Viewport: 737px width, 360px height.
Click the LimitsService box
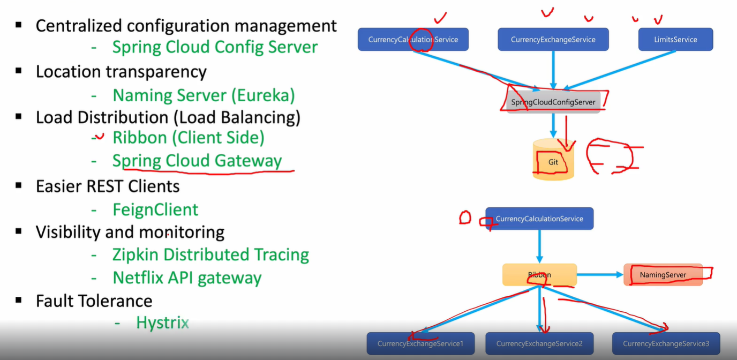[675, 40]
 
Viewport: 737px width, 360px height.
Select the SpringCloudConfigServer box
[553, 102]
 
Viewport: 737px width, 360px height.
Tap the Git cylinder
[553, 161]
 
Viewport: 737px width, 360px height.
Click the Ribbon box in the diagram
[539, 275]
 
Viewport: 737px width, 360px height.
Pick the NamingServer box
[663, 275]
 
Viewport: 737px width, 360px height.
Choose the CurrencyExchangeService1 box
[420, 343]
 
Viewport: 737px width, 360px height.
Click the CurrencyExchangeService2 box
[539, 343]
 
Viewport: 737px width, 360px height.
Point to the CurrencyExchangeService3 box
[666, 343]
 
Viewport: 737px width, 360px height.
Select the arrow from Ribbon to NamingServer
[600, 275]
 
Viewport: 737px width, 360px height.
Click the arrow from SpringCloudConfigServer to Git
[553, 126]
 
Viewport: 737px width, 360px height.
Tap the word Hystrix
[162, 322]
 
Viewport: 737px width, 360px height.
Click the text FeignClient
[155, 209]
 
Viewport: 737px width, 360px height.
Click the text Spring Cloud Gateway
[197, 161]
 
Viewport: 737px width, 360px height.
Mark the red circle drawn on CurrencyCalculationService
[421, 40]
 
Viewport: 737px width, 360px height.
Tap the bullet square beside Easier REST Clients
[19, 185]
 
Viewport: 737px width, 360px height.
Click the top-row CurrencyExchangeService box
[553, 40]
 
